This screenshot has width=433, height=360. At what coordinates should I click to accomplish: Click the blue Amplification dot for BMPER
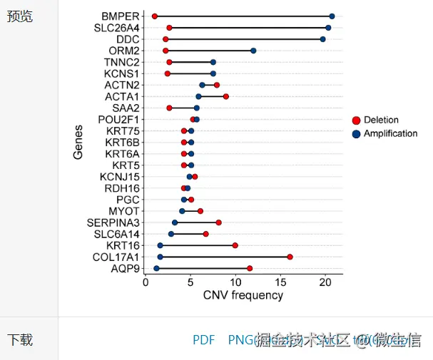click(x=332, y=16)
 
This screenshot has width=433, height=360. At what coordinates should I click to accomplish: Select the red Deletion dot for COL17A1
click(x=290, y=257)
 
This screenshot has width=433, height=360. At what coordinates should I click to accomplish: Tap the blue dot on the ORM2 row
click(x=253, y=51)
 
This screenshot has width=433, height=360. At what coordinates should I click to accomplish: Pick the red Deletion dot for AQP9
click(x=250, y=268)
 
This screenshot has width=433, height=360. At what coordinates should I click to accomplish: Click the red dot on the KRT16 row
click(x=235, y=245)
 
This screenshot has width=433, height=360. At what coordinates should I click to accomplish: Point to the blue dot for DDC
click(x=322, y=39)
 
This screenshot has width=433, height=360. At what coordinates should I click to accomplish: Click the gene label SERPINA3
click(x=114, y=222)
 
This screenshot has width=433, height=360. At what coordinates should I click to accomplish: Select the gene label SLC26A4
click(x=117, y=28)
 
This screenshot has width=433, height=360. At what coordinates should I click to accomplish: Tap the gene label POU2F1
click(x=119, y=119)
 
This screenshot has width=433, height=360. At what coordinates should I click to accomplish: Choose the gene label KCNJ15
click(x=120, y=177)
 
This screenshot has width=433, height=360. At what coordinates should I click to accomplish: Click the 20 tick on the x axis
click(x=325, y=282)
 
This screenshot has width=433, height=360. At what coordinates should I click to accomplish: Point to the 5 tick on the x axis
click(x=190, y=282)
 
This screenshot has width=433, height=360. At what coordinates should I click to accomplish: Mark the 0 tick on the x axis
click(x=146, y=282)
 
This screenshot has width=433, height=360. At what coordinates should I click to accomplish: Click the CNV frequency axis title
click(x=243, y=296)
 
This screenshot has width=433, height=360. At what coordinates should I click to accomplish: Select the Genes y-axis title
click(x=78, y=142)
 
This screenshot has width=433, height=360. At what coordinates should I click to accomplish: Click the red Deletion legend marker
click(x=357, y=120)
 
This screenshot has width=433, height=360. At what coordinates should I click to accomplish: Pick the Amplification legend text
click(x=390, y=133)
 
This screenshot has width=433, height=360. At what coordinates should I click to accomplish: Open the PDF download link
click(x=204, y=340)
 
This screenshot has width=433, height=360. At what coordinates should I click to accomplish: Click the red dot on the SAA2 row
click(x=169, y=108)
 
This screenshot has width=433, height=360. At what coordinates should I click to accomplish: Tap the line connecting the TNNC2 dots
click(x=191, y=62)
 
